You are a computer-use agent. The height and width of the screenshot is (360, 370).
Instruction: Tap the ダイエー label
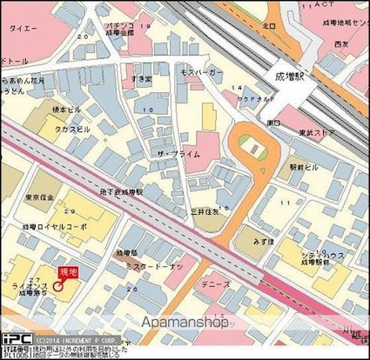pos(21,28)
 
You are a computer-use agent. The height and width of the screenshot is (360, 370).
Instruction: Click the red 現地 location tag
pos(68,272)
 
